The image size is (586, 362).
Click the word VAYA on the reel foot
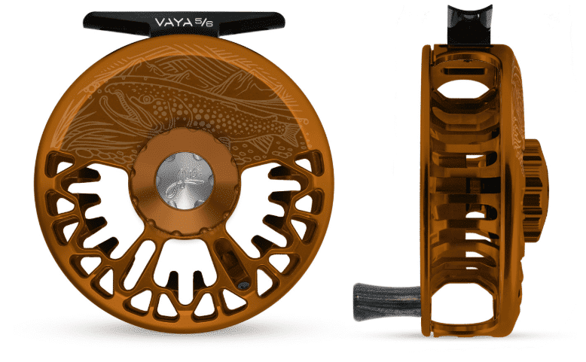(173, 22)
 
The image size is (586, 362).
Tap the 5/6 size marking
(203, 23)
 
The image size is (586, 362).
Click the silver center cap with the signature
(185, 181)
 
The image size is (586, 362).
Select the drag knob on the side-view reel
(535, 190)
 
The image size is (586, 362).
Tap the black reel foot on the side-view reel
(470, 25)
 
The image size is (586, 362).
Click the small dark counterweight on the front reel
(243, 285)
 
